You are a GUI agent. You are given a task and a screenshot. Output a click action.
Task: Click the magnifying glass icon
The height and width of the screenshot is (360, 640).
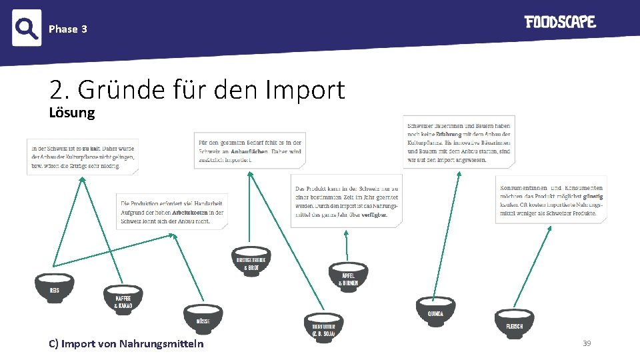click(27, 28)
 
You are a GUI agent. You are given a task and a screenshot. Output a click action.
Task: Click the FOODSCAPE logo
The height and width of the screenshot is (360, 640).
click(559, 22)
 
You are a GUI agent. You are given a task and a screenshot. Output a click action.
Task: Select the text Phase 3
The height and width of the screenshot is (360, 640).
click(68, 29)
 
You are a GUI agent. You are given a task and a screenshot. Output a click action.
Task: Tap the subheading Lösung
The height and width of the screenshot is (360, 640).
click(72, 112)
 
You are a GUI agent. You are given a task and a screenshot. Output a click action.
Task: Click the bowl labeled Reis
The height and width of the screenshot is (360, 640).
click(54, 287)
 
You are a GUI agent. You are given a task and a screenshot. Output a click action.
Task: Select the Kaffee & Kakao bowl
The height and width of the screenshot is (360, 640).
click(123, 299)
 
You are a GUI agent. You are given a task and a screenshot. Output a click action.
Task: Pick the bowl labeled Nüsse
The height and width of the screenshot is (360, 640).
click(203, 317)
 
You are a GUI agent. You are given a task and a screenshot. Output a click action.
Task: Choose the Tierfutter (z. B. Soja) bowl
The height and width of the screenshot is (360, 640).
click(323, 326)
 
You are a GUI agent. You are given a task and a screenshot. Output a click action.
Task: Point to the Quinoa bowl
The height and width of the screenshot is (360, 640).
click(435, 310)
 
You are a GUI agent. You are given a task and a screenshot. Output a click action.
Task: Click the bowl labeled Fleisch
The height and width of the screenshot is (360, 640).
click(515, 322)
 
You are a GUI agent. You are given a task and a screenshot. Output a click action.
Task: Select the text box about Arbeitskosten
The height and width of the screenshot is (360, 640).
click(172, 212)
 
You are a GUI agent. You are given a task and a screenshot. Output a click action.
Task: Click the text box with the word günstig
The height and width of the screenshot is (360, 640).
click(551, 200)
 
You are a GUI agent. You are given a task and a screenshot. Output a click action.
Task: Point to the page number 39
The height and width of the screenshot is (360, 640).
click(587, 343)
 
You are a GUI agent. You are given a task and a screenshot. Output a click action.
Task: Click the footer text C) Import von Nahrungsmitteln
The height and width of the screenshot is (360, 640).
click(127, 344)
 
